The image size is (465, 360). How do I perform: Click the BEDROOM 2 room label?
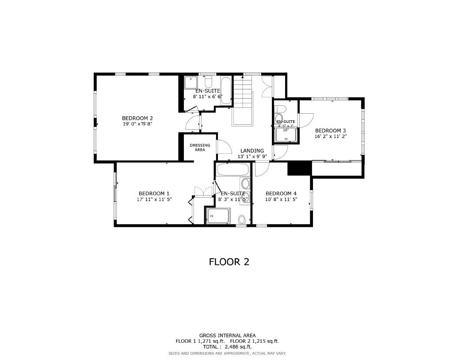[137, 118]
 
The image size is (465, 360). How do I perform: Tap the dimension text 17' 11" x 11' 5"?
[154, 199]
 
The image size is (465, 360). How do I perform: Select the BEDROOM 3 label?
[330, 130]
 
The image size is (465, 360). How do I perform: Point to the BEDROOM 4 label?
[281, 193]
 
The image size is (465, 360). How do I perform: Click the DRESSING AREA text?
[200, 147]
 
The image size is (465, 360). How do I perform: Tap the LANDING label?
[252, 151]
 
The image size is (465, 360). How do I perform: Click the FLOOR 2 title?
[229, 262]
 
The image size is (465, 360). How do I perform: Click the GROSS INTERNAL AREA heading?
[227, 335]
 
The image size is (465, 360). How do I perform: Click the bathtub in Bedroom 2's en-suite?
[225, 91]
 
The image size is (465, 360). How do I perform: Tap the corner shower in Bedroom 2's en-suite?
[191, 83]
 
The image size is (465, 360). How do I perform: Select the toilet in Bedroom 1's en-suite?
[242, 219]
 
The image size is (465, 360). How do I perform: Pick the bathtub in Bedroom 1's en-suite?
[232, 169]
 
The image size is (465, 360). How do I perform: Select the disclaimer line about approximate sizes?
[227, 353]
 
